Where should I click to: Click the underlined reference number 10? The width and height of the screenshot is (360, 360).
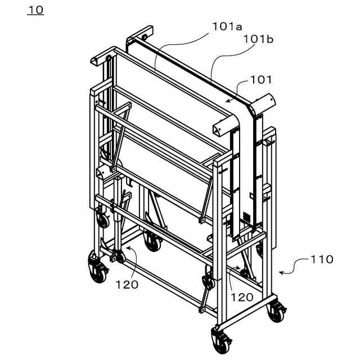coord(35,10)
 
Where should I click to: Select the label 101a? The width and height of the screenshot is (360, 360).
coord(227,26)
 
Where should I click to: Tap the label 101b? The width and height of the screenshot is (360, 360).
coord(259,39)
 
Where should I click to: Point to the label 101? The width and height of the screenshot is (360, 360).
coord(260,80)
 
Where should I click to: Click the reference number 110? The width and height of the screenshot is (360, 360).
coord(321,259)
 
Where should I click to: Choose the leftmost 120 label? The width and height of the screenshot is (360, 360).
coord(127,285)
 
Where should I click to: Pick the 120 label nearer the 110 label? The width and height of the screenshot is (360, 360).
coord(242,297)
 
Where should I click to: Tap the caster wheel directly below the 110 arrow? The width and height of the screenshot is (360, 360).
coord(275,311)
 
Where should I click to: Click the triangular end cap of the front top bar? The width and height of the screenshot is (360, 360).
coord(218,130)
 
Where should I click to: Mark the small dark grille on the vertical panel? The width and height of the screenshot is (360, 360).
coord(246,217)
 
